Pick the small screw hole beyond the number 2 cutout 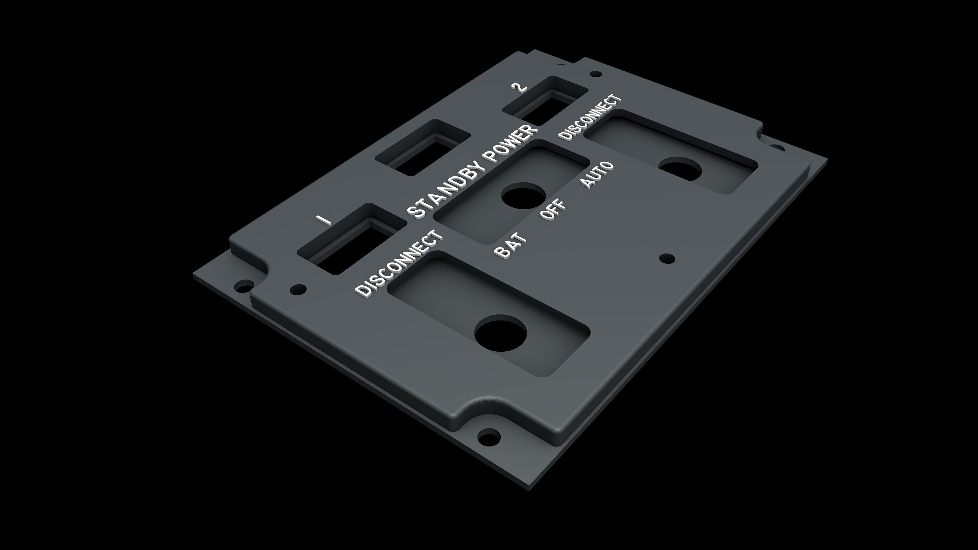click(x=595, y=74)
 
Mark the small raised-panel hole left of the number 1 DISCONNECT click(x=298, y=289)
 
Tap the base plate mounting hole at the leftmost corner click(x=244, y=285)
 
